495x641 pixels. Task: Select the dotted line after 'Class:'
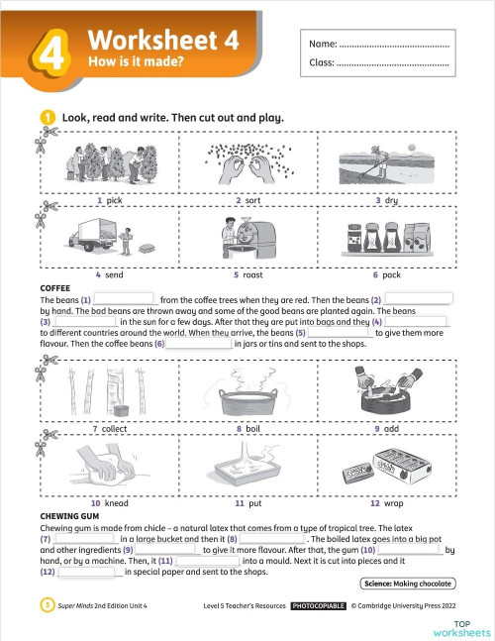click(x=393, y=65)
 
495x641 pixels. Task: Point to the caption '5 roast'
click(x=247, y=273)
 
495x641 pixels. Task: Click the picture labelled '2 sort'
click(x=247, y=162)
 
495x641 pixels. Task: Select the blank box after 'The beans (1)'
click(x=125, y=298)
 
